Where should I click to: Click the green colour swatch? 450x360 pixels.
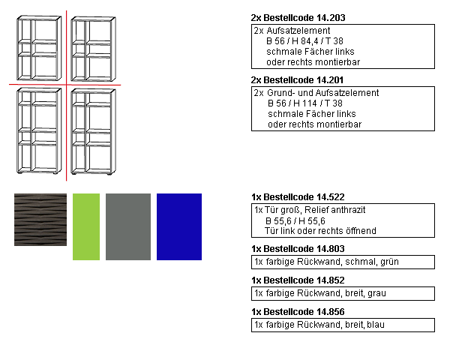click(x=86, y=226)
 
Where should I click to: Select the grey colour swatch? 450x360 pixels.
click(x=128, y=226)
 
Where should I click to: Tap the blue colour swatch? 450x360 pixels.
click(x=179, y=226)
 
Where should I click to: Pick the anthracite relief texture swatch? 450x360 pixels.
click(x=40, y=219)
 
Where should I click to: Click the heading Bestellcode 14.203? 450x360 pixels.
click(x=298, y=17)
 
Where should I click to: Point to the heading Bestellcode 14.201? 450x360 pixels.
click(x=298, y=80)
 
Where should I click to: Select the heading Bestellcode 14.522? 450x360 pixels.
click(x=298, y=196)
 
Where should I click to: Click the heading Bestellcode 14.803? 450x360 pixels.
click(x=298, y=248)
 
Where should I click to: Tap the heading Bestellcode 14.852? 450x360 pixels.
click(x=298, y=280)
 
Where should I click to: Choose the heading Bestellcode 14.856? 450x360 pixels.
click(x=298, y=311)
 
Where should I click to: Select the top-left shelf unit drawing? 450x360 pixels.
click(x=40, y=49)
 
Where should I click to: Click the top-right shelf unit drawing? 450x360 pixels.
click(x=94, y=49)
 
